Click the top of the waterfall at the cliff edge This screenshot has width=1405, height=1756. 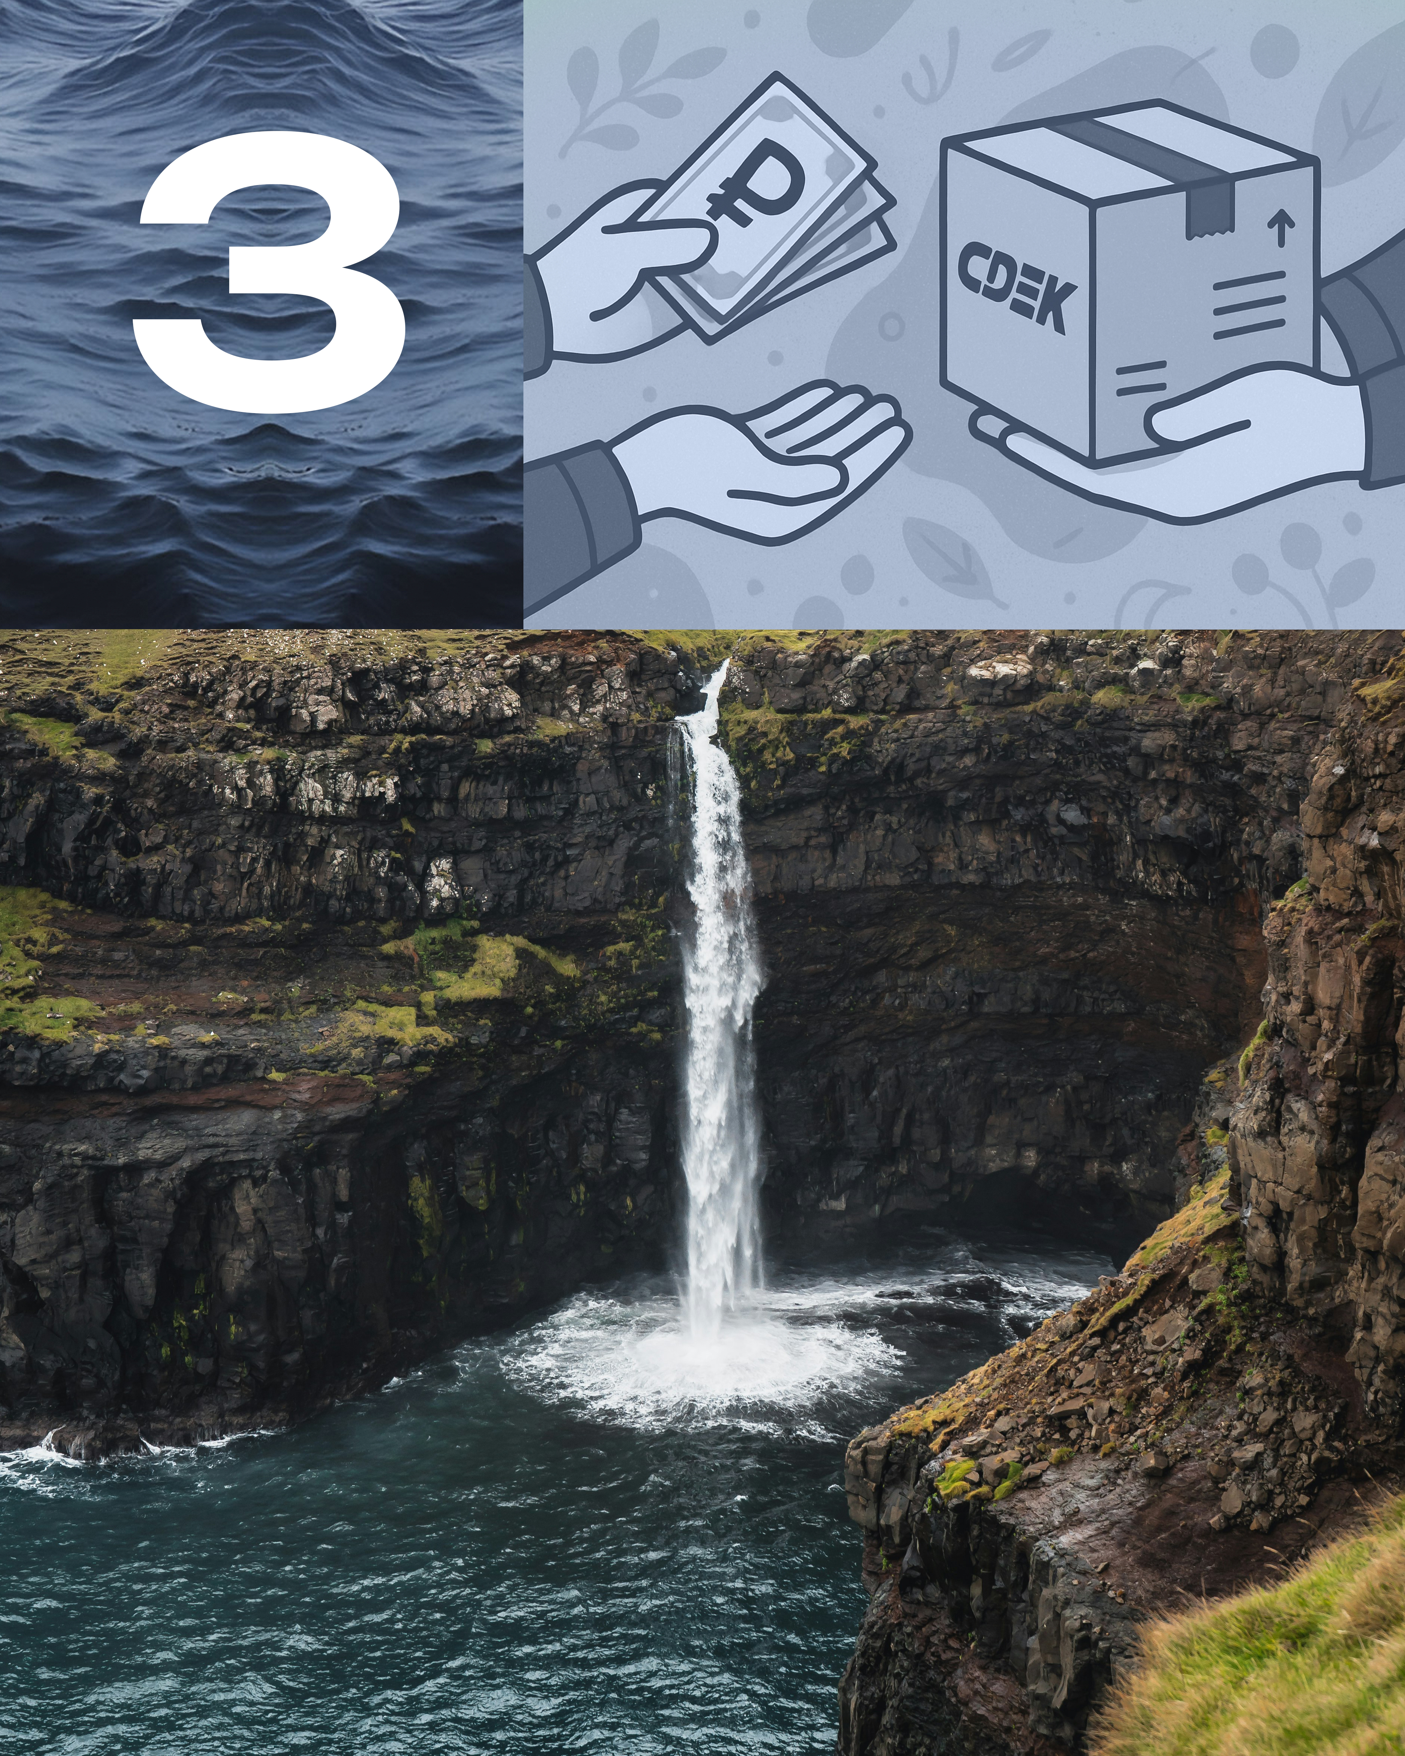point(717,680)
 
